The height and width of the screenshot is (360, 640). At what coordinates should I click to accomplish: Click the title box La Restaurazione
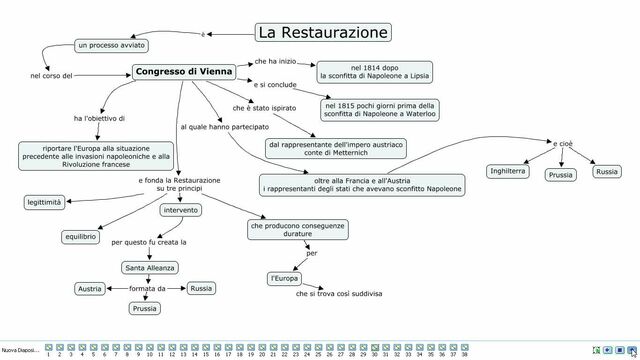pos(322,33)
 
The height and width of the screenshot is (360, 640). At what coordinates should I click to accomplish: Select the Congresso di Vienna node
pos(183,72)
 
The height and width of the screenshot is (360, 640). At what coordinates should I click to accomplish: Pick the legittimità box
pos(45,203)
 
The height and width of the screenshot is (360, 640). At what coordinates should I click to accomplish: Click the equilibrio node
pos(80,237)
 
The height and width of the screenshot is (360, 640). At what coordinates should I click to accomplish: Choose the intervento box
pos(180,210)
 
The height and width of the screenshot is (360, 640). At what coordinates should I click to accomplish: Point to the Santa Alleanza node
pos(149,268)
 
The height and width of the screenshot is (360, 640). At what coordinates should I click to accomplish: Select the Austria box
pos(90,289)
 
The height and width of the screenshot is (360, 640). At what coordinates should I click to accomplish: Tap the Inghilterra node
pos(509,172)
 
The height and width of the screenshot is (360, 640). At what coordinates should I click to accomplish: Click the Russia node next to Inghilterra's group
pos(606,172)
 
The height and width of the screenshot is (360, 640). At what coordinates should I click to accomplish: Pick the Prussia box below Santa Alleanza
pos(146,309)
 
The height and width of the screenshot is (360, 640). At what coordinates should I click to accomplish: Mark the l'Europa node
pos(284,277)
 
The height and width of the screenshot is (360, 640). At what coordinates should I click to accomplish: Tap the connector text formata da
pos(147,289)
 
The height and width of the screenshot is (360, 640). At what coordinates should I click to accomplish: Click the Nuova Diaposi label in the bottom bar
pos(20,350)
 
